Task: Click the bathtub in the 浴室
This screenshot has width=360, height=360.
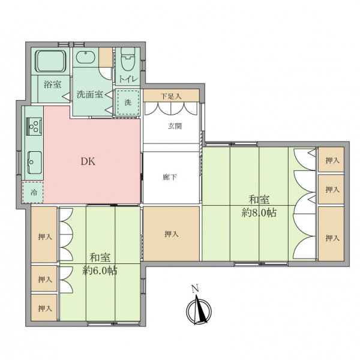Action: point(51,61)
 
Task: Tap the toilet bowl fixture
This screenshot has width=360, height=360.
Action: point(128,59)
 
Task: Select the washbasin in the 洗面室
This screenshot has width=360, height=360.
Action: point(85,57)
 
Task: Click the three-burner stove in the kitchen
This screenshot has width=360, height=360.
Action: point(34,126)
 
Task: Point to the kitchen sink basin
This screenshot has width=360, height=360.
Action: point(35,163)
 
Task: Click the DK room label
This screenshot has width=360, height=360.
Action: point(88,161)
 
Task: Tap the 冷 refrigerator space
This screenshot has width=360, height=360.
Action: point(32,192)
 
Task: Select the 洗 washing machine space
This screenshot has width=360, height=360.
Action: point(128,102)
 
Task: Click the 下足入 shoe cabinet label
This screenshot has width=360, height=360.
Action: point(171,96)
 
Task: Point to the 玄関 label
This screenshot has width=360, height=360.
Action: point(175,126)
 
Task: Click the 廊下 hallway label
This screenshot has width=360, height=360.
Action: point(170,177)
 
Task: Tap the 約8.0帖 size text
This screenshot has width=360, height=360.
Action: point(259,213)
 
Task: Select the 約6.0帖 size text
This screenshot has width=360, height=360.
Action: point(100,271)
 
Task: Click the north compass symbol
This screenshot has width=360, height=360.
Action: point(199,310)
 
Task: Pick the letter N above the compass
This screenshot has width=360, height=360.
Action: point(195,289)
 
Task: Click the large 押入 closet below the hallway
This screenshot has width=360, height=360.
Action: point(171,234)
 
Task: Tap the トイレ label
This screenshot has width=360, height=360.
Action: point(128,79)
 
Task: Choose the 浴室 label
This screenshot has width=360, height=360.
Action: point(53,85)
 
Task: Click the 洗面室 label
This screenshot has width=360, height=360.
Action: point(90,94)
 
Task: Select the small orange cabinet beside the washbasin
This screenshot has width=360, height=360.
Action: point(106,58)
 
